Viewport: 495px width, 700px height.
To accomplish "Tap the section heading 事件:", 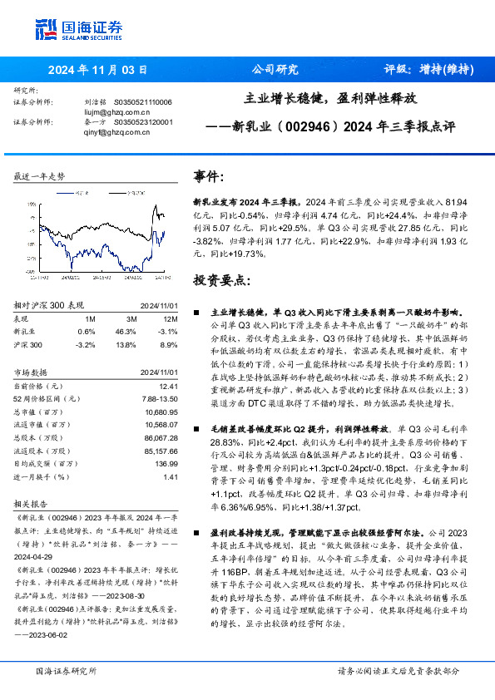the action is point(209,176).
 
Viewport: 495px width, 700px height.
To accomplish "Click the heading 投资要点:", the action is point(221,279).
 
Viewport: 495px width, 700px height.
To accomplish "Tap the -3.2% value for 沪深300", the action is point(85,343).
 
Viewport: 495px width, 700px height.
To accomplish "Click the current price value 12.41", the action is point(168,387).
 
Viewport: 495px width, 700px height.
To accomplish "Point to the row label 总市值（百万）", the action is point(40,412).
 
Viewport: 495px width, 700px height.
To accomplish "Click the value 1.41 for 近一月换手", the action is point(171,476).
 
